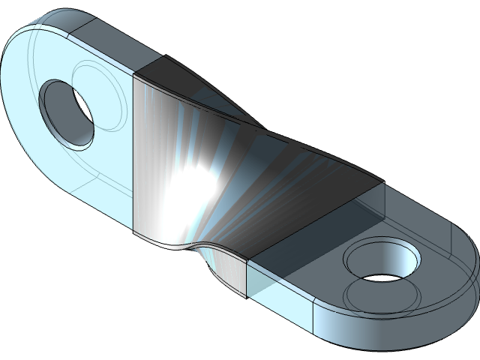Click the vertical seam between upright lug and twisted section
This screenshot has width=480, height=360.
click(133, 150)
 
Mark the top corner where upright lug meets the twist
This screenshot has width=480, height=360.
click(133, 75)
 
